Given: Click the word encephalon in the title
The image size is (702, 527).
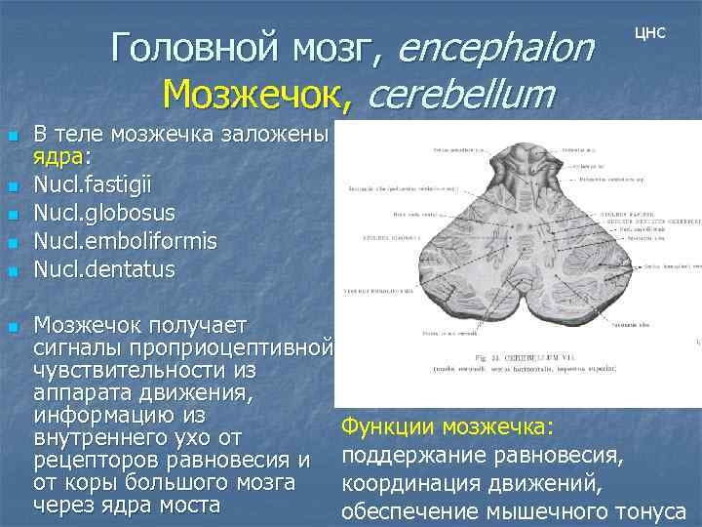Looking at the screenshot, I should click(x=496, y=47).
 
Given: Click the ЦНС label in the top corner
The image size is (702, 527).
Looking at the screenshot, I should click(x=649, y=31).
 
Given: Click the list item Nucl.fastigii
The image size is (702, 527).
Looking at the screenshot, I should click(x=93, y=184).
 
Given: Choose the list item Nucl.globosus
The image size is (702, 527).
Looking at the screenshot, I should click(x=104, y=213).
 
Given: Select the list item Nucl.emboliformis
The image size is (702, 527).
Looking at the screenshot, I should click(x=125, y=240).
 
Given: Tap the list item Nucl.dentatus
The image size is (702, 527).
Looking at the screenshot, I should click(x=104, y=268).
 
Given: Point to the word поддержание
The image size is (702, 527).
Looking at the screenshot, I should click(x=412, y=456).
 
